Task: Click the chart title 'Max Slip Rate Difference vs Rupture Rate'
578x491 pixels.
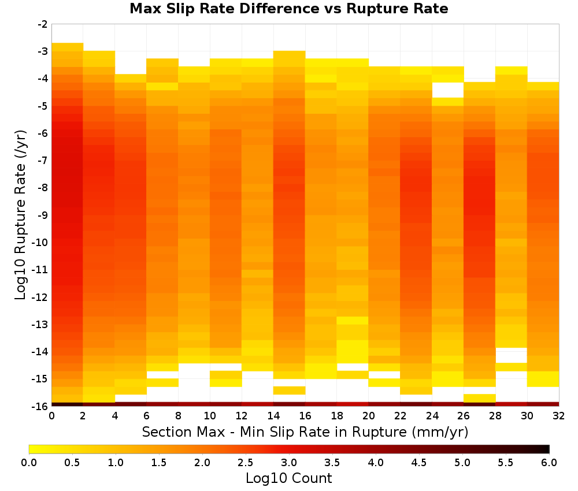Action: (x=288, y=8)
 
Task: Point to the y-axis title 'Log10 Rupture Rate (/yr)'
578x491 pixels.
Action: (x=21, y=215)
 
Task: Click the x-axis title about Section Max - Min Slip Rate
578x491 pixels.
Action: (x=305, y=432)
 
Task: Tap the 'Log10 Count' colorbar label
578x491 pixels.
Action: (x=288, y=478)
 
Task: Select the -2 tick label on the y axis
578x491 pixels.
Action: (x=43, y=24)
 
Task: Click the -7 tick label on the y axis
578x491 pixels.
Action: (x=43, y=161)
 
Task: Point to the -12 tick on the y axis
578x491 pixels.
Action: (x=40, y=297)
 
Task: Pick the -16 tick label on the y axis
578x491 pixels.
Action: (x=40, y=406)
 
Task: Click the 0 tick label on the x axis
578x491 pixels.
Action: (x=51, y=416)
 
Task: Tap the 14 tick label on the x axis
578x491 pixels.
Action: (x=273, y=416)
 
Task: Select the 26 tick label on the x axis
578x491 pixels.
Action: (x=464, y=416)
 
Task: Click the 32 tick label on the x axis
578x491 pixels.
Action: (x=558, y=416)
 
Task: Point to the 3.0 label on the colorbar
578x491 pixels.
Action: (x=289, y=463)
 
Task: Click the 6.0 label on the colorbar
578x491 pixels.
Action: (x=549, y=463)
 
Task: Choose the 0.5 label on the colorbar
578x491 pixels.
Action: (x=72, y=463)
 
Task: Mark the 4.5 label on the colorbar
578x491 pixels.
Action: (x=418, y=463)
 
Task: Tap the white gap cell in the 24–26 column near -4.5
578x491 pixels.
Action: (x=447, y=90)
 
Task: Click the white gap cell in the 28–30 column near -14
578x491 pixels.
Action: (x=511, y=355)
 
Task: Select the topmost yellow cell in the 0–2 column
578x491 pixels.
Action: (x=68, y=47)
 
